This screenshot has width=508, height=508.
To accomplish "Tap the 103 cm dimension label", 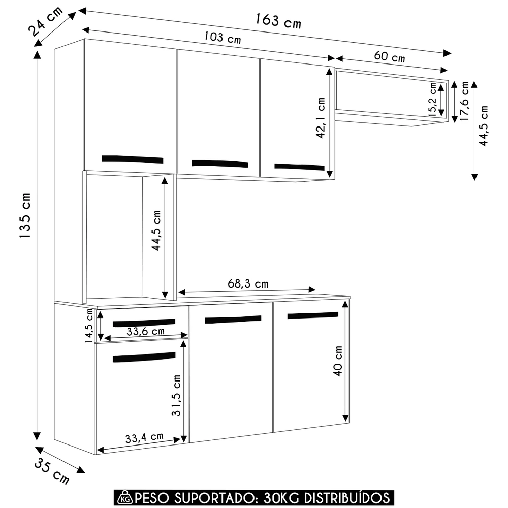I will (223, 37).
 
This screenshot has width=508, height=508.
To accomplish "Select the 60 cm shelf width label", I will (390, 57).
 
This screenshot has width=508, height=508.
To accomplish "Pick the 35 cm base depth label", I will (52, 471).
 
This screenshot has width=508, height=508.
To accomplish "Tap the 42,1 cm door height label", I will (321, 118).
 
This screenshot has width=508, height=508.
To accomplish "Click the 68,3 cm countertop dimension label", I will (248, 284).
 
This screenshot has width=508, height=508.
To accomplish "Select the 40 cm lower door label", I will (338, 361).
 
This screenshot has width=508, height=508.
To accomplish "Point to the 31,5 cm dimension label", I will (176, 396).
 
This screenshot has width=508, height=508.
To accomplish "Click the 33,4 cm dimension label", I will (144, 436).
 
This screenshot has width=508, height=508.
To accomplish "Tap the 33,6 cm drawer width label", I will (146, 332).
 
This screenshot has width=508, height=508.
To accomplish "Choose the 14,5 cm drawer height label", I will (90, 326).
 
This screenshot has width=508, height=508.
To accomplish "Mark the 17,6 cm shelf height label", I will (464, 101).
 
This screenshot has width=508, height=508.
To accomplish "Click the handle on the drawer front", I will (143, 323).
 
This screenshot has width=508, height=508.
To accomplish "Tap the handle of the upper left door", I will (133, 159).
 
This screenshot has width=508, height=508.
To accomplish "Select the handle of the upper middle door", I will (220, 163).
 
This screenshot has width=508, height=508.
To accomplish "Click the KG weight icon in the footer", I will (124, 496).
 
